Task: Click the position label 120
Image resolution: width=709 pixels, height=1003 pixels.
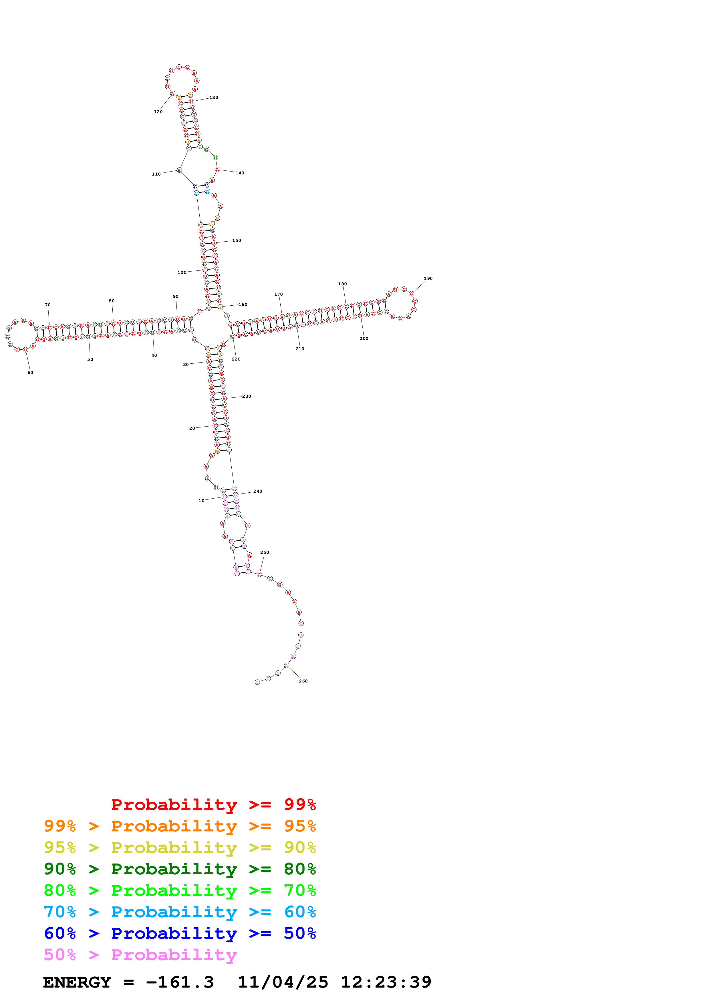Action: pyautogui.click(x=158, y=112)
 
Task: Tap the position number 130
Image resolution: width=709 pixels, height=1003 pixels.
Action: pyautogui.click(x=214, y=97)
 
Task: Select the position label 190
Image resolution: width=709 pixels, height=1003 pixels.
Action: pyautogui.click(x=428, y=278)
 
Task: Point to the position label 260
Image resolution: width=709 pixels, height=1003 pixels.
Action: pyautogui.click(x=303, y=681)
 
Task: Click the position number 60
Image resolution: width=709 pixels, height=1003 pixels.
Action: pyautogui.click(x=30, y=373)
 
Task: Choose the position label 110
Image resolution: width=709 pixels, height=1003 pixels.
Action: pyautogui.click(x=156, y=174)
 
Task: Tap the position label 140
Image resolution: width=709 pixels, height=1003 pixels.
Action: pyautogui.click(x=240, y=173)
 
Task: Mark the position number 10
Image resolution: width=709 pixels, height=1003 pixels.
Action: pyautogui.click(x=201, y=501)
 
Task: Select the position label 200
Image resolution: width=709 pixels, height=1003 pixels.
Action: pyautogui.click(x=364, y=339)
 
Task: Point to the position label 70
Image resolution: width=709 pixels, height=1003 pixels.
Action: pyautogui.click(x=47, y=305)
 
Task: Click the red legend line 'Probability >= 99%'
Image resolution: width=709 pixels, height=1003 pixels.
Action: pyautogui.click(x=213, y=804)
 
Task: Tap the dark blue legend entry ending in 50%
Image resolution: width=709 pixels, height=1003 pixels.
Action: pyautogui.click(x=180, y=933)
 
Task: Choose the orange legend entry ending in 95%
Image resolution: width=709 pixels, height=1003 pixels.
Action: pyautogui.click(x=180, y=826)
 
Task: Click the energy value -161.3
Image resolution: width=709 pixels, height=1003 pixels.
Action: pyautogui.click(x=180, y=982)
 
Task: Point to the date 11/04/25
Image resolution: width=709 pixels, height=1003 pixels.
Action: pyautogui.click(x=283, y=982)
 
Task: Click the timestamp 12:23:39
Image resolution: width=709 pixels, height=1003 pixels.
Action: pyautogui.click(x=386, y=982)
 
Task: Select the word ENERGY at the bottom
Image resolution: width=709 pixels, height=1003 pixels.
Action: pyautogui.click(x=77, y=982)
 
